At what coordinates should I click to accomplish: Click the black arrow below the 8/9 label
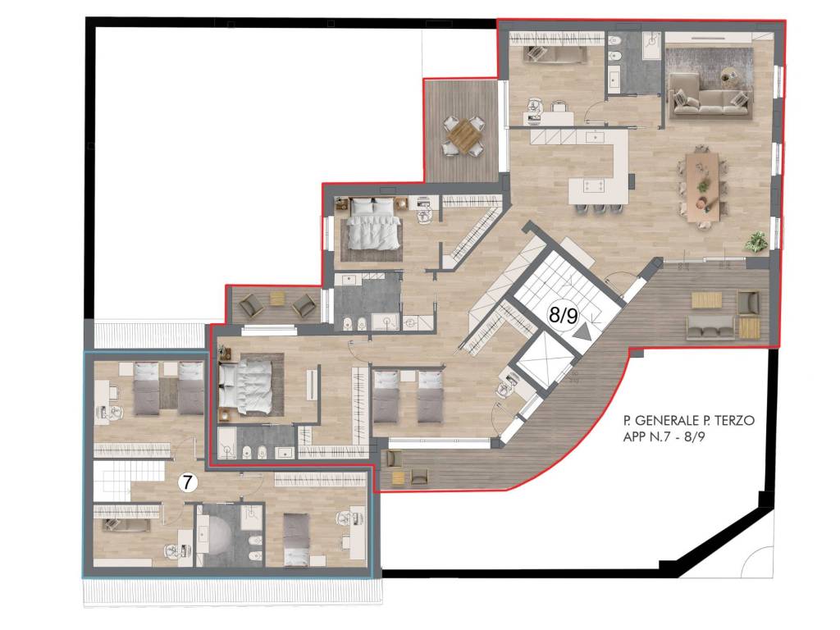tap(583, 333)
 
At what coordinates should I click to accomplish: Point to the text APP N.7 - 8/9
tap(664, 436)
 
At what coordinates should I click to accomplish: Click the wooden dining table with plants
tap(702, 186)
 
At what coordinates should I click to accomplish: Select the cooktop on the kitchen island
tap(594, 186)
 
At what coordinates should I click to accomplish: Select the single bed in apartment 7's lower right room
tap(296, 539)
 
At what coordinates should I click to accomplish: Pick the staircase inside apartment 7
tap(112, 479)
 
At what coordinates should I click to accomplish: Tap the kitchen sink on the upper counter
tap(595, 137)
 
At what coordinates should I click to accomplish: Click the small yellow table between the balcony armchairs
tap(276, 299)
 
